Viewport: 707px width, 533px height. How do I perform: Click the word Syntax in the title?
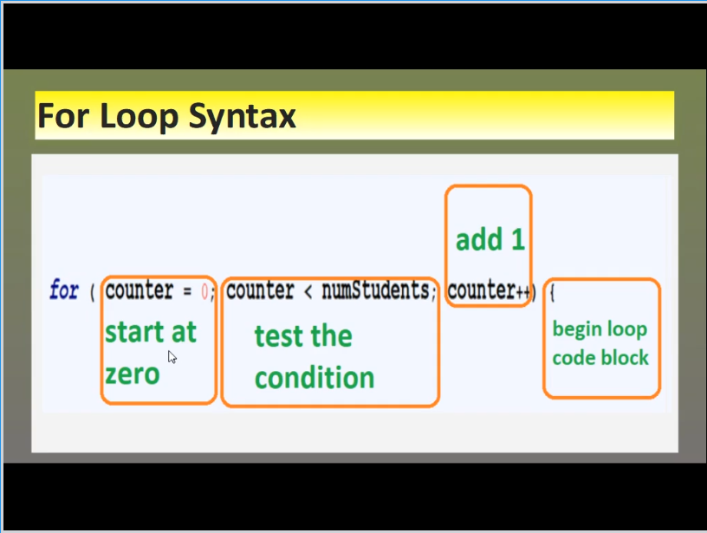pos(242,117)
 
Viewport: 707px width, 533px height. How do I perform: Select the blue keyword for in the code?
pos(64,289)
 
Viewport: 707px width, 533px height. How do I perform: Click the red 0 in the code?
pos(204,292)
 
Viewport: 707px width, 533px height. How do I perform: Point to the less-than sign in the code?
pos(308,292)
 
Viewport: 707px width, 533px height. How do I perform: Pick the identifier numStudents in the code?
pos(376,290)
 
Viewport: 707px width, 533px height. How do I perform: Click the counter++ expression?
pos(490,291)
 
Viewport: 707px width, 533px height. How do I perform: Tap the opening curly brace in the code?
pos(552,293)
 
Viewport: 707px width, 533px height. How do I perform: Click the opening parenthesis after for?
pos(93,293)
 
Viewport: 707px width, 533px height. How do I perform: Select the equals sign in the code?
pos(187,292)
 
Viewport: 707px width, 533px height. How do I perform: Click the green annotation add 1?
pos(490,239)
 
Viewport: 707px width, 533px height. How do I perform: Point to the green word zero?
pos(132,374)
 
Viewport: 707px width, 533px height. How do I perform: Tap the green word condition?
pos(315,377)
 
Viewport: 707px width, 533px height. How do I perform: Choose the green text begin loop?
pos(600,329)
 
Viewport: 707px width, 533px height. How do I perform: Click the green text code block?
pos(600,358)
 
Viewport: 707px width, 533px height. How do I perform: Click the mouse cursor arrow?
pos(172,357)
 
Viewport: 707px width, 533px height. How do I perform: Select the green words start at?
pos(151,332)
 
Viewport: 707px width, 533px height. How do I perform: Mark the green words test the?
pos(303,336)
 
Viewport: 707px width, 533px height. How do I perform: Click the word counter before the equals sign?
pos(139,290)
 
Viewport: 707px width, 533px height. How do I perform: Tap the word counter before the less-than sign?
pos(260,290)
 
